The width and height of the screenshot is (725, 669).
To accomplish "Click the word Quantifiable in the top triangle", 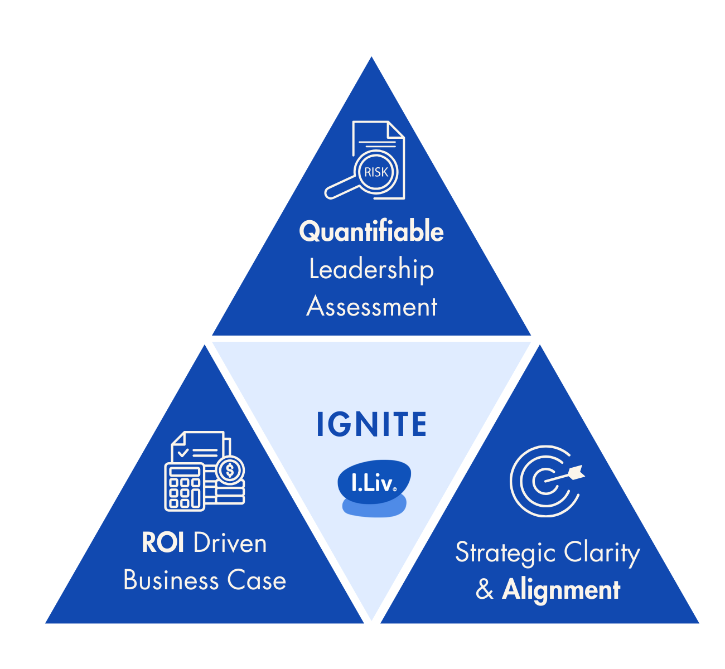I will [371, 231].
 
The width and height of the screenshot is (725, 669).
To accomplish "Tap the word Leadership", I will [371, 270].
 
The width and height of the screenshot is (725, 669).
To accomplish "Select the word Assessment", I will [371, 307].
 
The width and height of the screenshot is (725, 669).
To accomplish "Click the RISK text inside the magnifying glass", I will [376, 172].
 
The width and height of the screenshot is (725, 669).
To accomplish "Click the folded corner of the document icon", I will [395, 130].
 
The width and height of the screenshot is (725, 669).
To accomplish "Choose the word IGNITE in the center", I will [371, 425].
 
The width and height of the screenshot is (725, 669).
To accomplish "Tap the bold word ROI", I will [163, 543].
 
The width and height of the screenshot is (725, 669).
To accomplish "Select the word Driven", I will [230, 543].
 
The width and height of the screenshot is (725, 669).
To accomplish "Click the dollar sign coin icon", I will [230, 471].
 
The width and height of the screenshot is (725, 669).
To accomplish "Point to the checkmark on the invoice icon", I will [182, 453].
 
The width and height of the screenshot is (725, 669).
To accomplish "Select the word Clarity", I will [602, 554].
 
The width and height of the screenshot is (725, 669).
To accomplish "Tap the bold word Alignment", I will [560, 590].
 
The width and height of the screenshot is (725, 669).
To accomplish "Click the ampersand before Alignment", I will [485, 590].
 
